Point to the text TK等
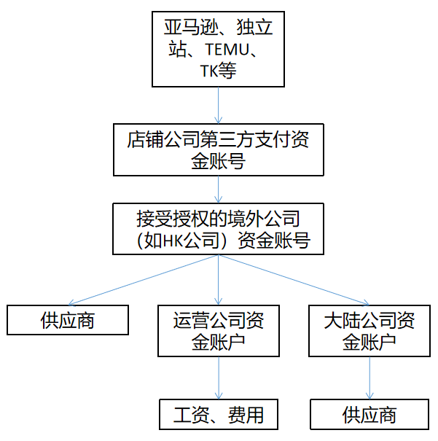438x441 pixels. point(218,70)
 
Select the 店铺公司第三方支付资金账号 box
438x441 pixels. point(218,149)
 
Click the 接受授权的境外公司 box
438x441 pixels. point(218,219)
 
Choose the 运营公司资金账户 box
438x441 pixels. point(218,330)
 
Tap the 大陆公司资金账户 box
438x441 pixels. point(369,330)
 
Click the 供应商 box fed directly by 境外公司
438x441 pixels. point(67,320)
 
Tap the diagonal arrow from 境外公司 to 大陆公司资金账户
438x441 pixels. point(294,280)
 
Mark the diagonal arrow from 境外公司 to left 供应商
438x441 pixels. point(143,280)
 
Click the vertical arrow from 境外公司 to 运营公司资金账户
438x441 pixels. point(218,281)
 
